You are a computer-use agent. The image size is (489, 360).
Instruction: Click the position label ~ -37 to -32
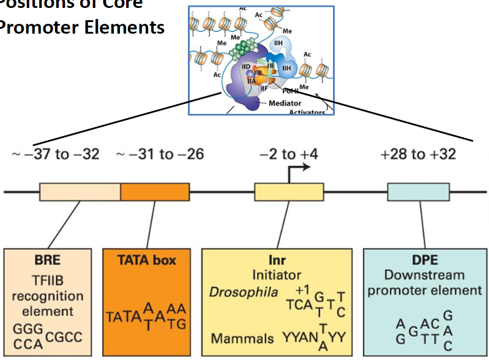tap(56, 154)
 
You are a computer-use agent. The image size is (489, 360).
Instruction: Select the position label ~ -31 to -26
tap(160, 154)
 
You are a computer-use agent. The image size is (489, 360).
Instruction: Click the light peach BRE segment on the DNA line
tap(80, 192)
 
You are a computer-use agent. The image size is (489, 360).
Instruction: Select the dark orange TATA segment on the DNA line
tap(154, 192)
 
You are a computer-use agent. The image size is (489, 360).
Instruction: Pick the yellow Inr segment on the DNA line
tap(289, 192)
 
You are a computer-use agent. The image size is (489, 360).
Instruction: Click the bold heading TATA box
tap(146, 260)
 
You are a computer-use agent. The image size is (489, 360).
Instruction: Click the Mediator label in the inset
tap(285, 103)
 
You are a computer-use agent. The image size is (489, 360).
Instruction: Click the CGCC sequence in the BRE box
tap(66, 337)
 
